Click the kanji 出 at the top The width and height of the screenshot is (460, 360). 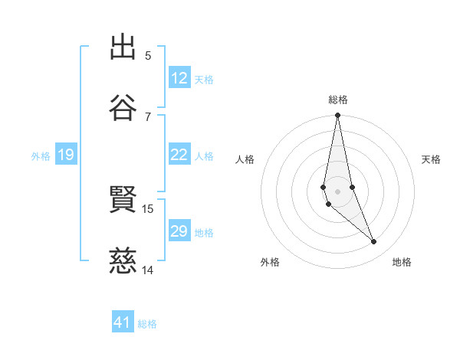[x=124, y=47]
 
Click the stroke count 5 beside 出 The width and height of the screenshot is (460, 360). [x=148, y=55]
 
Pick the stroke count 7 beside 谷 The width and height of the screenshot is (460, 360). [x=148, y=116]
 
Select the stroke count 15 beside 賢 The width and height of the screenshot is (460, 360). [x=148, y=208]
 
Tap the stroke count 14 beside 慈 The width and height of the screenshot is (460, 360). [x=148, y=270]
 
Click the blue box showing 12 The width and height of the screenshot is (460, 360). [x=179, y=78]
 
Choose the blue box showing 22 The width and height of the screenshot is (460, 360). [x=179, y=155]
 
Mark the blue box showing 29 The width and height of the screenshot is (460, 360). [x=179, y=231]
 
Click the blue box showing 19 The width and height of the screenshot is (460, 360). [x=66, y=155]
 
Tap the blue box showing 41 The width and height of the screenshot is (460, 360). [x=123, y=323]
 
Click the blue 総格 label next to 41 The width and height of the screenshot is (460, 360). [x=147, y=324]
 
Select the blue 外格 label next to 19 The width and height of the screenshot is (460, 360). [x=41, y=156]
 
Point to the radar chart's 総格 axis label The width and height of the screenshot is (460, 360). [x=338, y=100]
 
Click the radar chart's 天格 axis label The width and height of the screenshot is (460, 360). [x=431, y=159]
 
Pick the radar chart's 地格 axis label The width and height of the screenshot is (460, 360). [x=402, y=263]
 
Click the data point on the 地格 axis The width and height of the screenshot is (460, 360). [x=374, y=242]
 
